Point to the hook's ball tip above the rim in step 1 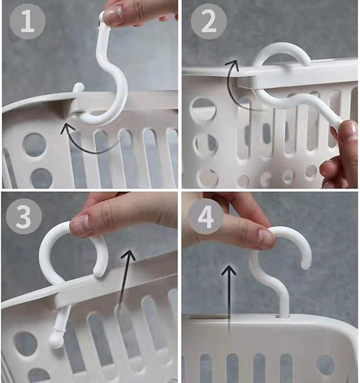[78, 88]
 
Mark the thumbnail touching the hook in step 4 [266, 239]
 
